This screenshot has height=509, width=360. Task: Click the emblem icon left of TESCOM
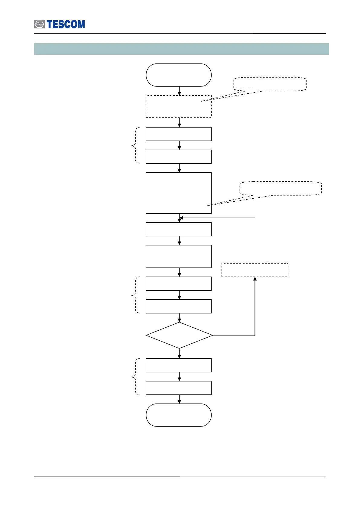coord(39,24)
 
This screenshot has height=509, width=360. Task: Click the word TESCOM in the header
coord(66,24)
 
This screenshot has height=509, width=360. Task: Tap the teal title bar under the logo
coord(181,49)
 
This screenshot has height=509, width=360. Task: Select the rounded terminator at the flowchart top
coord(179,75)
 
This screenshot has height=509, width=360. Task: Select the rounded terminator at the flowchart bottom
coord(179,415)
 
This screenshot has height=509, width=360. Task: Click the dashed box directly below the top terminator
coord(179,106)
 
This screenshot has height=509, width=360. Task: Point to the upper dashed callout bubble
coord(270,84)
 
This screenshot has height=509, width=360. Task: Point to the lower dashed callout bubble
coord(281,188)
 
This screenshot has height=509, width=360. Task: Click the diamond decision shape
coord(179,336)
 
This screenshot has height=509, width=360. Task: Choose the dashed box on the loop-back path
coord(255,270)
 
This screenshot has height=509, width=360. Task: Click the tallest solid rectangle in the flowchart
coord(179,193)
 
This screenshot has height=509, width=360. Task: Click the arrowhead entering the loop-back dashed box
coord(255,279)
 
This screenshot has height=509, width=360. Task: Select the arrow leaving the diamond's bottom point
coord(179,354)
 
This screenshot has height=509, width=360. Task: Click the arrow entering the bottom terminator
coord(179,399)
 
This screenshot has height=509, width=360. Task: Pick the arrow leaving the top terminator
coord(179,91)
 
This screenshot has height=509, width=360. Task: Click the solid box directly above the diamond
coord(179,306)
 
